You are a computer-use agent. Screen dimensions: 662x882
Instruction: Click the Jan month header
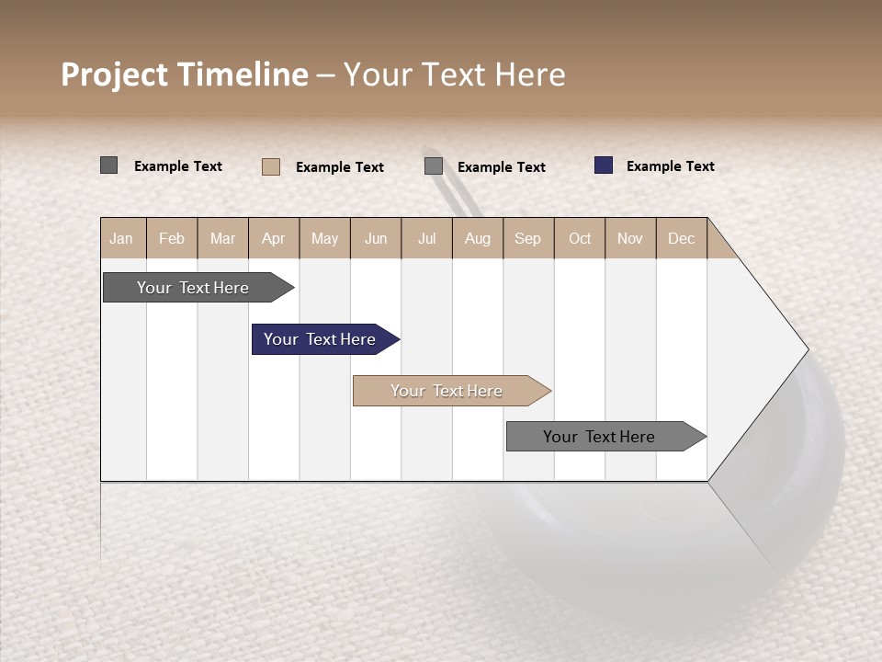coord(122,238)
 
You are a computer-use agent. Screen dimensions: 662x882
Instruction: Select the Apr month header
coord(274,238)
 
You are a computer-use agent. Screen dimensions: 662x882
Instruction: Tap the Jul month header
coord(426,238)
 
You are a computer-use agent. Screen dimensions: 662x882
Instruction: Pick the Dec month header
coord(681,238)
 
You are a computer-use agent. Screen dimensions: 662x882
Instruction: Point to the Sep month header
coord(528,238)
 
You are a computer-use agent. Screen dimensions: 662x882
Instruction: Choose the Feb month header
coord(172,238)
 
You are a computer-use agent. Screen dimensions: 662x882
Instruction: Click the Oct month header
coord(580,238)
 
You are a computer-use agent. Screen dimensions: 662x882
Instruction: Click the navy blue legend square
coord(604,165)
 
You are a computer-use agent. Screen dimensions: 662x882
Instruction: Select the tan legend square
coord(271,166)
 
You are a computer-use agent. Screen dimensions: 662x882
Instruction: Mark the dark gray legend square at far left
coord(109,165)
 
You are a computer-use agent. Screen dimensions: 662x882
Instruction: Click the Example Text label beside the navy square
coord(670,166)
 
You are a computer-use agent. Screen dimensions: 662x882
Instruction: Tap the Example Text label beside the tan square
coord(339,167)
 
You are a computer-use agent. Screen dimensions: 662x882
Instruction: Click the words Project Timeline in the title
coord(185,74)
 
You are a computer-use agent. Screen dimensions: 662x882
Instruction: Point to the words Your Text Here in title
coord(455,74)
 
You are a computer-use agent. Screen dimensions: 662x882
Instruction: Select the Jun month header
coord(376,238)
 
